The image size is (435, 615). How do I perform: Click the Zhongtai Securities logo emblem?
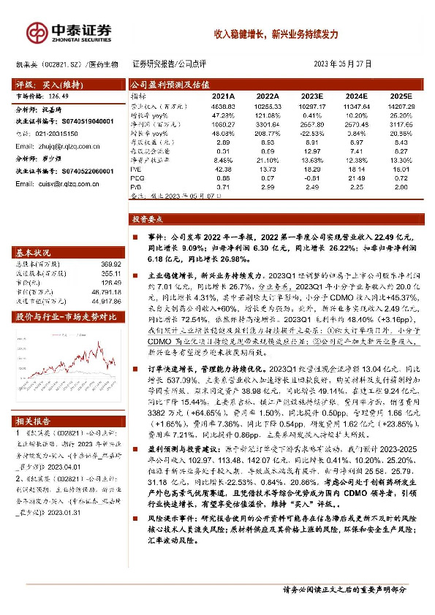[x=37, y=31]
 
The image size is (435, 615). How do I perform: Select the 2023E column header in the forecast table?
[x=313, y=96]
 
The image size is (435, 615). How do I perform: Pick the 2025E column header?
[x=401, y=96]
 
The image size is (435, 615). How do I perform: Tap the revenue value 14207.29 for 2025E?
[x=401, y=107]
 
